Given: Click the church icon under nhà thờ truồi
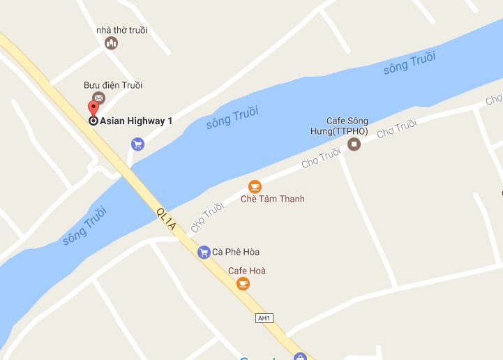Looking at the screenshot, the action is (111, 43).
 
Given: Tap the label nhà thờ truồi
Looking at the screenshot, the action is (122, 30).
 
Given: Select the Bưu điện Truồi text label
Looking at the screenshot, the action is (113, 85).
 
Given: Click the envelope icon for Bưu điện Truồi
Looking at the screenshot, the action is (98, 98).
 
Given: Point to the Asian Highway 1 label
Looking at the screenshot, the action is (136, 121).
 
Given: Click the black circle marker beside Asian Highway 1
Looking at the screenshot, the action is (93, 120).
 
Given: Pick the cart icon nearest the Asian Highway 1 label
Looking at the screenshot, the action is (137, 144).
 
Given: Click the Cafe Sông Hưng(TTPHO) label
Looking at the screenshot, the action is (347, 126).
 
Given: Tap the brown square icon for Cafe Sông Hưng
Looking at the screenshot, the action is (354, 144).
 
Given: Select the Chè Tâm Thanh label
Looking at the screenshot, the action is (272, 199).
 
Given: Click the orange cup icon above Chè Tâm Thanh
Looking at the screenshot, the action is (255, 186).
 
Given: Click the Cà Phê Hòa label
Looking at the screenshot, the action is (236, 252).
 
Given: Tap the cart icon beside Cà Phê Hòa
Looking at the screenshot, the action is (204, 252).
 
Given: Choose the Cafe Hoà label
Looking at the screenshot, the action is (247, 271).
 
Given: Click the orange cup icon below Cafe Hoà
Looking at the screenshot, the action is (243, 283).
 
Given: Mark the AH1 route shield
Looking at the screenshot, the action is (264, 318).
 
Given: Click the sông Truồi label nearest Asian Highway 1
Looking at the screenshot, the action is (232, 117).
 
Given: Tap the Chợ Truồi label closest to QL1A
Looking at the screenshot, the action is (207, 217).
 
